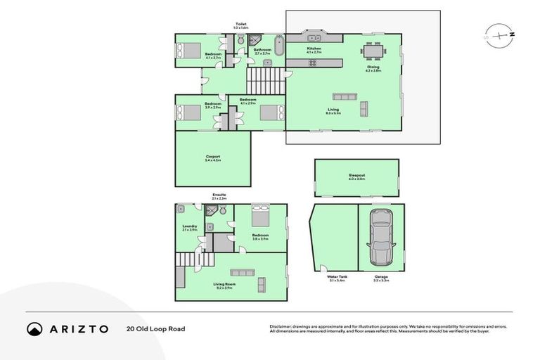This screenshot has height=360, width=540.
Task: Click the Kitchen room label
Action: (314, 49)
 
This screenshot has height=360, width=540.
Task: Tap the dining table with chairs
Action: (373, 51)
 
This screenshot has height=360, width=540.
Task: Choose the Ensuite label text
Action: (219, 195)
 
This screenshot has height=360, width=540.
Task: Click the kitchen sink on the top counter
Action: (311, 38)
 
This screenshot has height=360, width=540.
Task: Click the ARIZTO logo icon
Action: (34, 328)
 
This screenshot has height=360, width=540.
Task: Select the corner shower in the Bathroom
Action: (257, 41)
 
